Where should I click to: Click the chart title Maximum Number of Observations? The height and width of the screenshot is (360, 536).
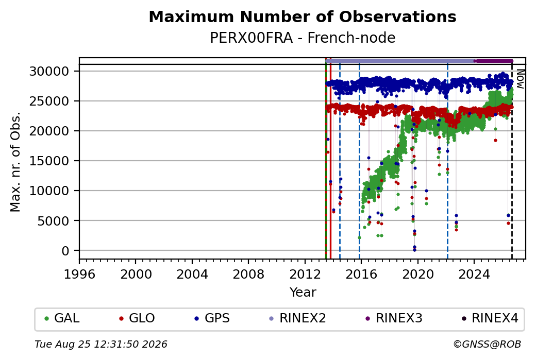click(x=303, y=16)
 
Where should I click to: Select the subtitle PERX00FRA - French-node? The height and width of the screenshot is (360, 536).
click(x=303, y=38)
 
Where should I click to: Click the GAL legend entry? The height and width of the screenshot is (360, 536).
click(x=62, y=318)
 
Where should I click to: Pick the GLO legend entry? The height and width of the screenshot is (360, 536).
click(x=137, y=318)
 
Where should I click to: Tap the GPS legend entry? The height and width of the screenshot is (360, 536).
click(x=212, y=318)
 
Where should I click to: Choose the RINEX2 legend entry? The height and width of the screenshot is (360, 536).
click(x=298, y=318)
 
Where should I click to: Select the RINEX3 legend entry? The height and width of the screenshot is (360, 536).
click(x=394, y=318)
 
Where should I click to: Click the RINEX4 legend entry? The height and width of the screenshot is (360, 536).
click(x=490, y=318)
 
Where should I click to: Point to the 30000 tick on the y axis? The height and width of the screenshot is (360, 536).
click(x=49, y=72)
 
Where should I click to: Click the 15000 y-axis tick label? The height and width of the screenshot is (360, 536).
click(x=49, y=161)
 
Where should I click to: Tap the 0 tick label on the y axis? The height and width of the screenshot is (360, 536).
click(x=65, y=251)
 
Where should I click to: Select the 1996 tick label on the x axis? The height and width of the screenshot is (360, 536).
click(x=79, y=274)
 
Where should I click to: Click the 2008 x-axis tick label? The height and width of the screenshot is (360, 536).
click(x=248, y=274)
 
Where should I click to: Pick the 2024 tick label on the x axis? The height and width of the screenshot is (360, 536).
click(x=474, y=274)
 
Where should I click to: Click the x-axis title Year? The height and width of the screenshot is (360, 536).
click(x=303, y=293)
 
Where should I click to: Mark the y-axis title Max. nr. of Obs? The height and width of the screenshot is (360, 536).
click(x=15, y=162)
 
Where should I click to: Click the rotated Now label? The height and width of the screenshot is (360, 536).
click(x=520, y=79)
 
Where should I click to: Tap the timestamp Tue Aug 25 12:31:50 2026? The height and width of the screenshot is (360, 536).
click(x=101, y=344)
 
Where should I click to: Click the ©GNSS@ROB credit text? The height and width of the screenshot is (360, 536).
click(x=487, y=344)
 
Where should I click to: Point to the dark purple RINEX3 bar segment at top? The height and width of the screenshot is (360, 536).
click(x=493, y=61)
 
